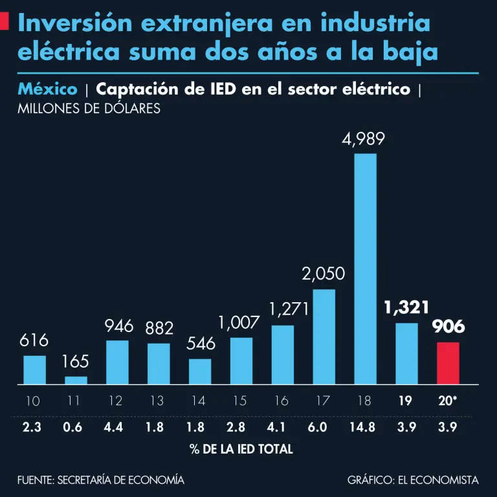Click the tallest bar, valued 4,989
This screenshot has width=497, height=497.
[x=366, y=269]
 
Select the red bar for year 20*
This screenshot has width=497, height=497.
[x=448, y=363]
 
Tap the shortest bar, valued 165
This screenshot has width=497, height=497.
[x=76, y=381]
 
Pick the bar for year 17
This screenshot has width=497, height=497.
[x=324, y=337]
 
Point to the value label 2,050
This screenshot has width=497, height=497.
[x=324, y=274]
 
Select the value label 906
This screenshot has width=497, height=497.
[x=448, y=327]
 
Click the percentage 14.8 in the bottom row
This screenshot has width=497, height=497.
[x=365, y=428]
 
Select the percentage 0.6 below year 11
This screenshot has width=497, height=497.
[x=75, y=428]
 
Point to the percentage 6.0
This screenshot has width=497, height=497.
[x=324, y=428]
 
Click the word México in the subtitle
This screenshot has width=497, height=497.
[x=48, y=89]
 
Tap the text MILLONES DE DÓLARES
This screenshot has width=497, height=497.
[x=89, y=109]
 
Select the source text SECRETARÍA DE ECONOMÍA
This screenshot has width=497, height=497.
[x=120, y=480]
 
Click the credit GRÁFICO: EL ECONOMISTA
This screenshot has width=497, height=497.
[x=413, y=480]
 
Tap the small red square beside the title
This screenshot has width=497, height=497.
[x=4, y=23]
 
